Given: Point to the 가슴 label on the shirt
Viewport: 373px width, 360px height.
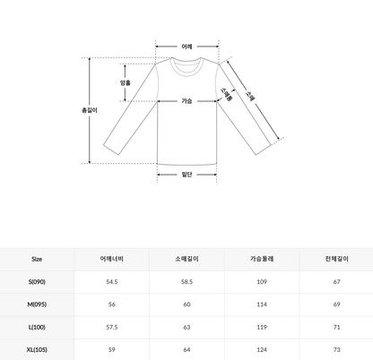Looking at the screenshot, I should pos(186,101).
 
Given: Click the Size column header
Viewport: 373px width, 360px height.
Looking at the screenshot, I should pos(37,259).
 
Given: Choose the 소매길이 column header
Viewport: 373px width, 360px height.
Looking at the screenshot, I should pos(187,259).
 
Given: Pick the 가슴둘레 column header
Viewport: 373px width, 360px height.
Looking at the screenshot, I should pos(261,259).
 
